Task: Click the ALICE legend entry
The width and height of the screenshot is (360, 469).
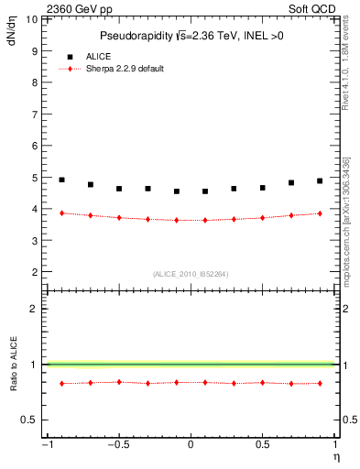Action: (98, 57)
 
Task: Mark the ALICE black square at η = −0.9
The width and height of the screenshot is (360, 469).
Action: (61, 180)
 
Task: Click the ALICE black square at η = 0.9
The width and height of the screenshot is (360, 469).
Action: (320, 180)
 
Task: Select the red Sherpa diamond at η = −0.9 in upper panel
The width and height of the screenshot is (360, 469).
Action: (61, 213)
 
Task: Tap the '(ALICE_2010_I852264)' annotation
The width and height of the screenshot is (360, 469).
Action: (190, 274)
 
